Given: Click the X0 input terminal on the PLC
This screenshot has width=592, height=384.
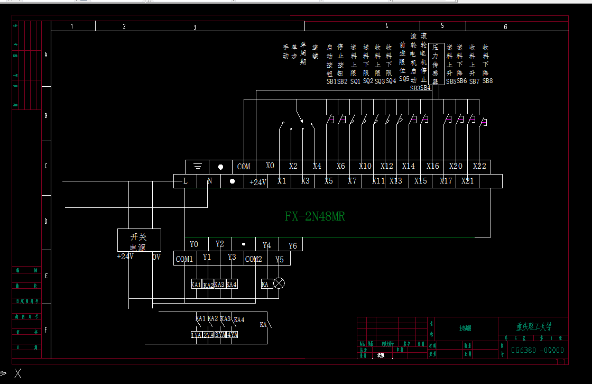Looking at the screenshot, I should click(x=270, y=166).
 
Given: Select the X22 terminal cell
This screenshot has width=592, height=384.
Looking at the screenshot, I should click(x=479, y=166).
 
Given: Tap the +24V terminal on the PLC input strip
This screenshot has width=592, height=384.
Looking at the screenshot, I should click(x=257, y=181).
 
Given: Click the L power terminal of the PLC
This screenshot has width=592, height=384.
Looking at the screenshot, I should click(x=185, y=181).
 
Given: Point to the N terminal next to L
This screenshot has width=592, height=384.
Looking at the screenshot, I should click(x=209, y=181).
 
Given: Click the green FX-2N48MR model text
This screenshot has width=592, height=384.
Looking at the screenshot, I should click(x=315, y=216).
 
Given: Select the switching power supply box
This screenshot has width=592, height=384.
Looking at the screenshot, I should click(x=138, y=240).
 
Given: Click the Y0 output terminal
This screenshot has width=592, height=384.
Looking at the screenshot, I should click(x=194, y=244).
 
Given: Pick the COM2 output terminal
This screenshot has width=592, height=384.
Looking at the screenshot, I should click(x=254, y=259).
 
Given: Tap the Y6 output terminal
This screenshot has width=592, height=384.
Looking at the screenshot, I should click(x=293, y=246).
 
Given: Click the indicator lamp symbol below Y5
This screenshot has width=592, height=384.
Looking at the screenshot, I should click(x=280, y=284).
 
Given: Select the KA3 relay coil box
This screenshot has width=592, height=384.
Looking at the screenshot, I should click(x=219, y=284).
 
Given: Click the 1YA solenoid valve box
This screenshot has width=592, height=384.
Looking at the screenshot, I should click(x=196, y=334).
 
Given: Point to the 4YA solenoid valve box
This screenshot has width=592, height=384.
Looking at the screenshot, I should click(x=233, y=334).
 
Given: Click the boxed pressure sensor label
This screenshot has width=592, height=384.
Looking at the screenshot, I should click(x=436, y=64).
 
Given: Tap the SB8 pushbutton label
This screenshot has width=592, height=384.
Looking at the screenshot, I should click(x=487, y=81).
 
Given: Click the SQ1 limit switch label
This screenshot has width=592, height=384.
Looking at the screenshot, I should click(x=355, y=81).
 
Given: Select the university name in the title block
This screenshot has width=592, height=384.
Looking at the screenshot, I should click(x=533, y=327).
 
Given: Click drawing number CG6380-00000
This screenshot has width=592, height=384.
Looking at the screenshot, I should click(x=537, y=350).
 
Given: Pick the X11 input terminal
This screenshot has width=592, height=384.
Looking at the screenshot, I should click(x=378, y=181).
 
